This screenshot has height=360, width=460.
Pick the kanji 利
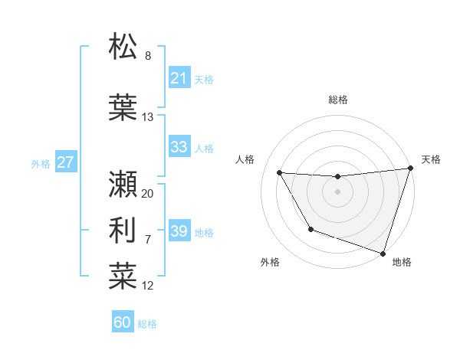[x=123, y=229]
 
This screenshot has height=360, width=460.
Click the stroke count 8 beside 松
[x=148, y=57]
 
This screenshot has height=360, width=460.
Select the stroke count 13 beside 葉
[x=148, y=117]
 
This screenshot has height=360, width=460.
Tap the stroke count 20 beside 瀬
[x=148, y=194]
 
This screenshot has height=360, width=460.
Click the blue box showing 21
[x=179, y=78]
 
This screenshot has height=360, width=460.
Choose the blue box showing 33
[x=179, y=147]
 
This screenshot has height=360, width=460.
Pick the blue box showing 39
[x=179, y=231]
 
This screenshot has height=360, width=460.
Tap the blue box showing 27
[x=65, y=162]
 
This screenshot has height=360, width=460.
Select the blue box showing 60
[x=123, y=322]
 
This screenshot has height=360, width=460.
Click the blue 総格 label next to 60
[x=147, y=324]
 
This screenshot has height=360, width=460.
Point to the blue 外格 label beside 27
[x=41, y=163]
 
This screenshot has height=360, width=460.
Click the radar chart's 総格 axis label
[x=337, y=100]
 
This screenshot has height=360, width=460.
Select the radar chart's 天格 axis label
[x=431, y=159]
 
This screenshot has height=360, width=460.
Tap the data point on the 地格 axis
[x=383, y=252]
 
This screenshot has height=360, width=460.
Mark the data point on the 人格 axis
[x=280, y=173]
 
